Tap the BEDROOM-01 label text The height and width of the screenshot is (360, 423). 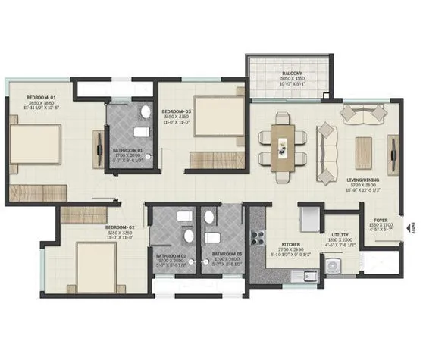(42, 98)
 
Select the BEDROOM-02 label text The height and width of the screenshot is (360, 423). (119, 227)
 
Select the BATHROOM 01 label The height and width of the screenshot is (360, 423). (133, 150)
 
